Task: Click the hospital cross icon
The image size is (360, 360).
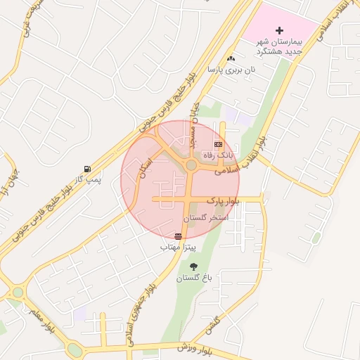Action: point(280,30)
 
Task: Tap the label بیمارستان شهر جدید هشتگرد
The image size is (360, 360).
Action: point(280,47)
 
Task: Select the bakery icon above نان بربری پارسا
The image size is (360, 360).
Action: point(231,58)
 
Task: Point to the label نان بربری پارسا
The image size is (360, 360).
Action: point(231,70)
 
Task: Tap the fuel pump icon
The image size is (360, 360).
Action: point(87,169)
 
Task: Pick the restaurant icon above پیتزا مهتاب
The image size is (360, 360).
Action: point(178,236)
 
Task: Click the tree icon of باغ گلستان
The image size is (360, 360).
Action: point(193,266)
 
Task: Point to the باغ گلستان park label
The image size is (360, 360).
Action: point(193,278)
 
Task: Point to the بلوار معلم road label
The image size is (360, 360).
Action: point(42,318)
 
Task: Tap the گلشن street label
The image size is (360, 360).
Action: point(212,326)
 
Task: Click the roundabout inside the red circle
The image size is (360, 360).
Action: point(191,166)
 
